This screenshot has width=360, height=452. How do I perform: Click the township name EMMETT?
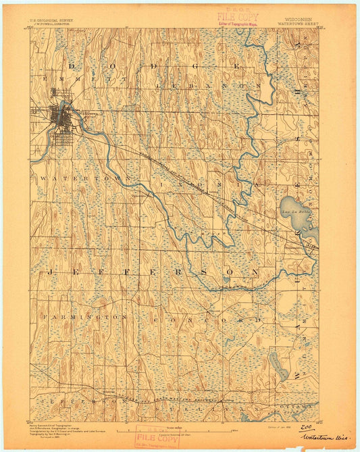coord(53,80)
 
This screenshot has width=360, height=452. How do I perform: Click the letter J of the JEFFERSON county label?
coord(49,270)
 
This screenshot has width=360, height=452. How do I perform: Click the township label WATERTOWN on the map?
coord(65,178)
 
